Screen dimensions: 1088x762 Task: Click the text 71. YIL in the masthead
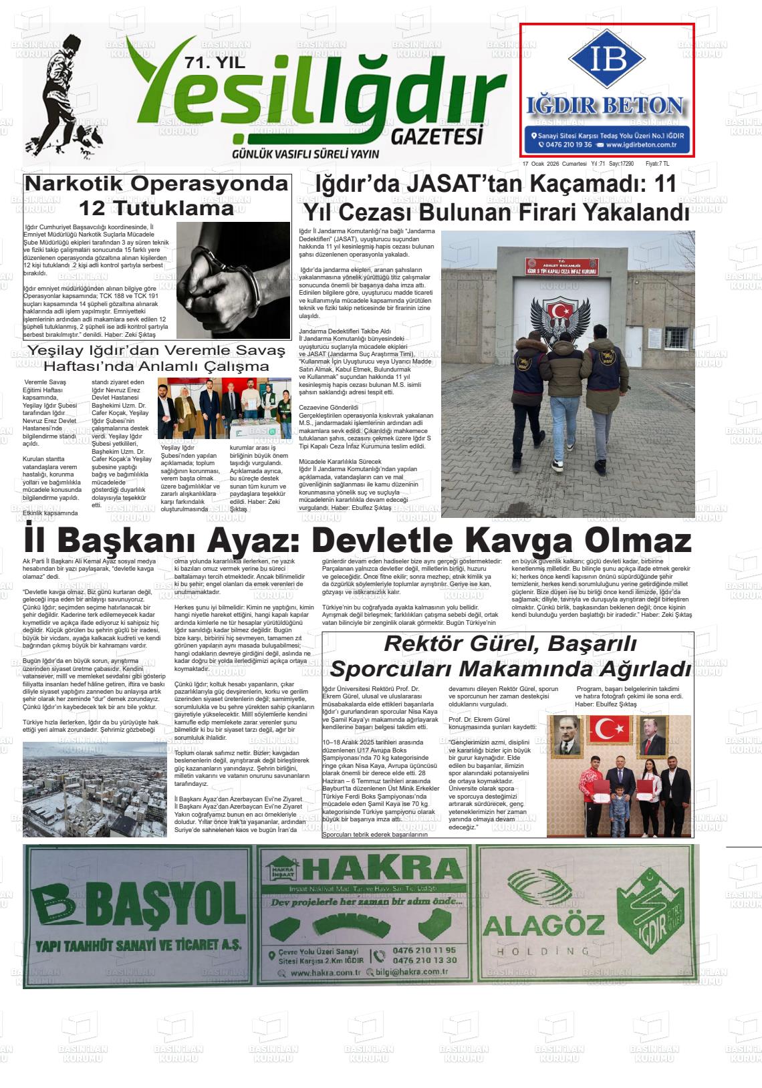click(215, 64)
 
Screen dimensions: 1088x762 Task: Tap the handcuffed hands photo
click(233, 280)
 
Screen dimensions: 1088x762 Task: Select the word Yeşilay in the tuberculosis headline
click(53, 351)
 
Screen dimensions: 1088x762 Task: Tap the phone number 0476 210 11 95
click(425, 950)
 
